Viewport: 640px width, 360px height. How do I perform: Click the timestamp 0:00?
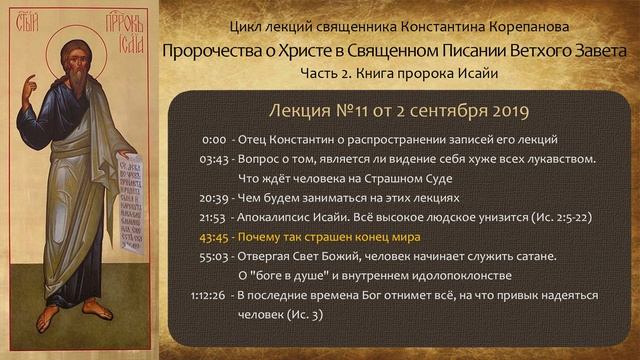pyautogui.click(x=213, y=140)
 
